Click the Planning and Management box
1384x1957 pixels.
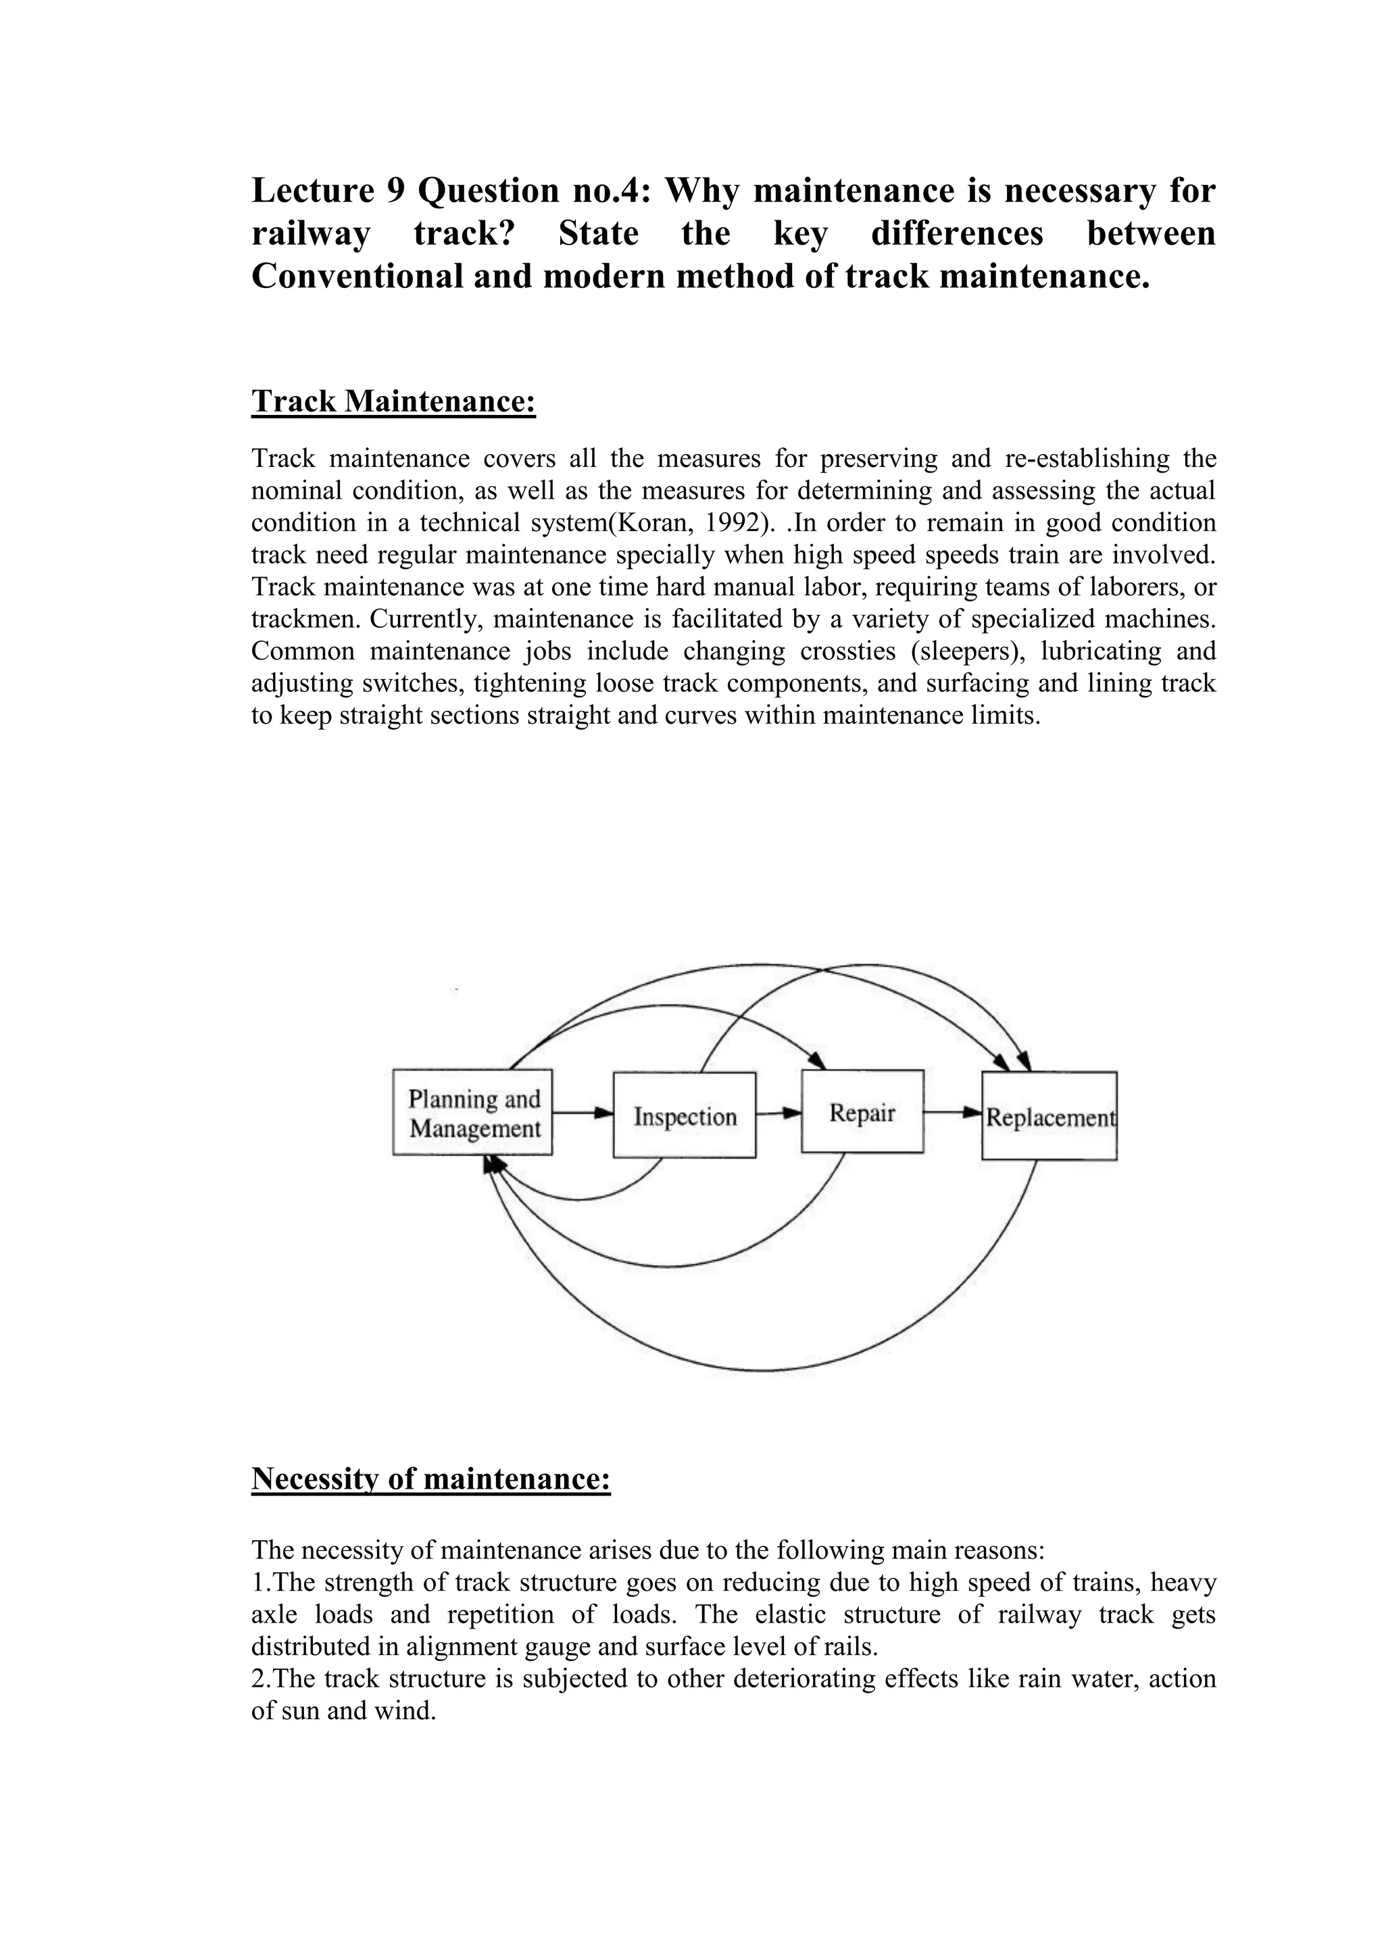472,1113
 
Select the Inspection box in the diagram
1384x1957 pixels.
685,1116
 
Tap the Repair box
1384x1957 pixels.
862,1113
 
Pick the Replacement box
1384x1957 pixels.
1049,1116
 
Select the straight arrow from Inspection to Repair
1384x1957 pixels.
778,1112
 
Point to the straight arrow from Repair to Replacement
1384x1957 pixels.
952,1112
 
